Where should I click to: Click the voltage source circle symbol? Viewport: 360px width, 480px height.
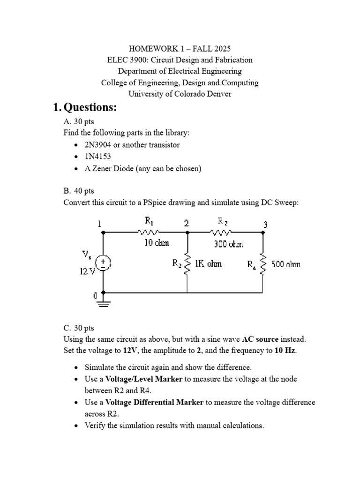(103, 262)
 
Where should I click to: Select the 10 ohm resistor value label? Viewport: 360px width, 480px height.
(157, 243)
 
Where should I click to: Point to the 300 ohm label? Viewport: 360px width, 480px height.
(229, 244)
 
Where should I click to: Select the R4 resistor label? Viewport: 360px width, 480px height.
(252, 265)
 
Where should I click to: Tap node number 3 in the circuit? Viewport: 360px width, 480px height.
(265, 224)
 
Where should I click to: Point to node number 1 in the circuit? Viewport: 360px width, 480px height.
(99, 224)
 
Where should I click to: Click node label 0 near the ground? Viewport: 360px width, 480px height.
(95, 296)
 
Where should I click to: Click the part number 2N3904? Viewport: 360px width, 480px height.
(101, 145)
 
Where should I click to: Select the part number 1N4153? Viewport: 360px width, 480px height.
(98, 156)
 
